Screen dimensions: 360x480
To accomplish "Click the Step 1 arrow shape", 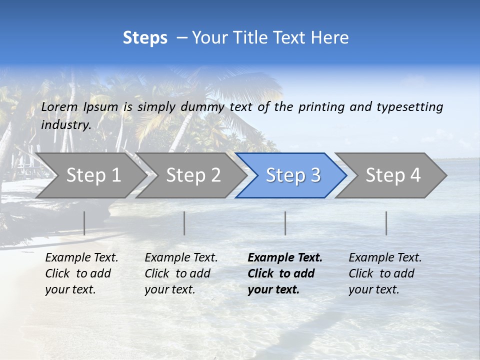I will [93, 175].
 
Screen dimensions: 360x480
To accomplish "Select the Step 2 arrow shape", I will [193, 175].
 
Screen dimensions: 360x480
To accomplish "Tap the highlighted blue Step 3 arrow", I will [293, 175].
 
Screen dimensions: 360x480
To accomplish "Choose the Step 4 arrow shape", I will [393, 175].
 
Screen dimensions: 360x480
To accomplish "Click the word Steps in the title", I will [145, 38].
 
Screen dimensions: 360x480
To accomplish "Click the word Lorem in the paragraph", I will [59, 106].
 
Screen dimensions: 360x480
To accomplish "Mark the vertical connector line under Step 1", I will [84, 223].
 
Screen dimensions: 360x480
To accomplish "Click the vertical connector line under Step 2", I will [184, 223].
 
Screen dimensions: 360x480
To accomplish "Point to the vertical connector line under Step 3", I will [285, 223].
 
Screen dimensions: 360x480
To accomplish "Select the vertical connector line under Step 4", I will [386, 223].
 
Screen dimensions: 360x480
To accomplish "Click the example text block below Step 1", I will [81, 273].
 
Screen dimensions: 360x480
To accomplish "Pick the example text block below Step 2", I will [181, 273].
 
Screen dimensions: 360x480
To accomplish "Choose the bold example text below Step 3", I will [284, 273].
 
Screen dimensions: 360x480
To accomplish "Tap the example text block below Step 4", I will [385, 273].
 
